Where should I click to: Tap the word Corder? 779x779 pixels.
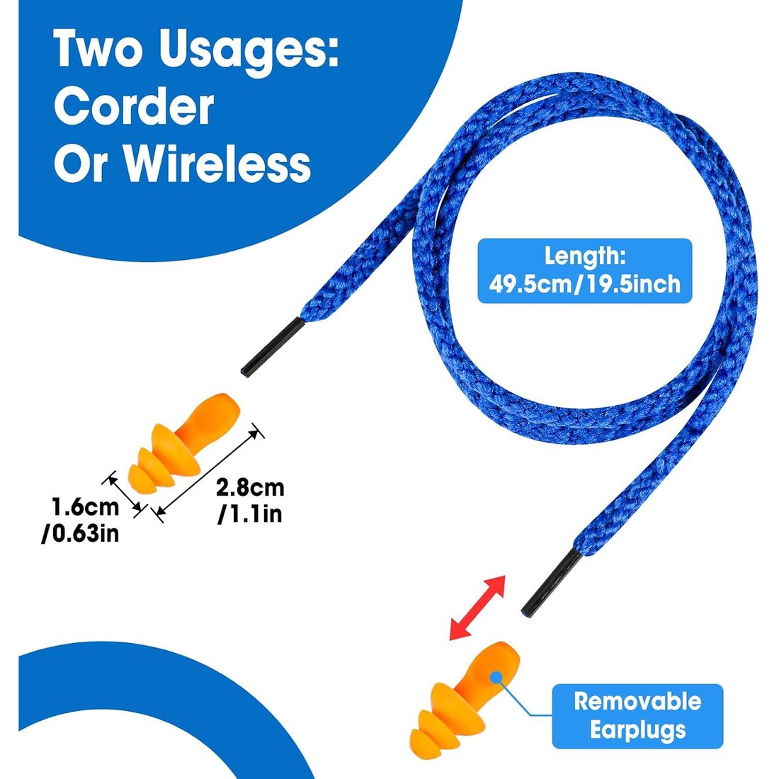pos(134,108)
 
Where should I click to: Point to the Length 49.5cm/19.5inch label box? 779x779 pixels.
pos(585,271)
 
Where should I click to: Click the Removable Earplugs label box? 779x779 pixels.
pos(637,716)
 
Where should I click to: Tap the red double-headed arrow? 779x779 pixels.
pos(477,608)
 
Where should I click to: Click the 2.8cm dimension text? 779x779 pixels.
pos(251,488)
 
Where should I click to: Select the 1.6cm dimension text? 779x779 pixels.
pos(86,507)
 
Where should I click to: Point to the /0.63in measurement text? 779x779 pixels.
pos(81,533)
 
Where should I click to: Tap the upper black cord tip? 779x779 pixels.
pos(273,347)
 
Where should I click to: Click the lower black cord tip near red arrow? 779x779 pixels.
pos(552,582)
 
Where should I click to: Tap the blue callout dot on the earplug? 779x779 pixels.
pos(495,676)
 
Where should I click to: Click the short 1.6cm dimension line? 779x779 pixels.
pos(124,494)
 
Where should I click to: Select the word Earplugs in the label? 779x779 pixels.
pos(638,730)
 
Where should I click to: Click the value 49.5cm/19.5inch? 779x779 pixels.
pos(585,284)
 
